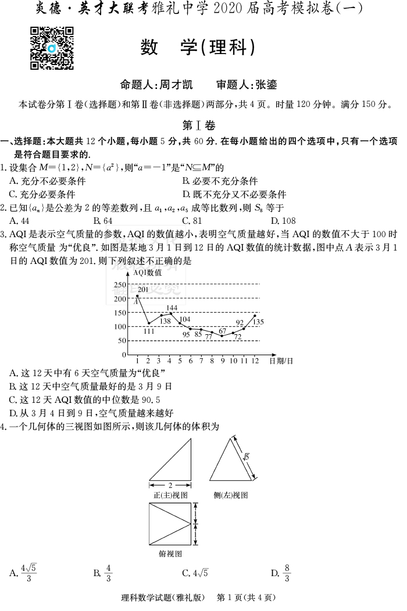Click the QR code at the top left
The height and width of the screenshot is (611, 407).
pyautogui.click(x=51, y=48)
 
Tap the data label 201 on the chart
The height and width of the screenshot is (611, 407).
pyautogui.click(x=143, y=290)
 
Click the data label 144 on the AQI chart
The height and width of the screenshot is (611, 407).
pyautogui.click(x=172, y=308)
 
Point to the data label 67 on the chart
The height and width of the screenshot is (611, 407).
pyautogui.click(x=222, y=331)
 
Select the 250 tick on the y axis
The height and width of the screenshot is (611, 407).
pyautogui.click(x=120, y=284)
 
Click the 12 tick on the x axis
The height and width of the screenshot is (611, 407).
pyautogui.click(x=255, y=361)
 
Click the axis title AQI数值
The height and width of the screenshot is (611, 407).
pyautogui.click(x=148, y=272)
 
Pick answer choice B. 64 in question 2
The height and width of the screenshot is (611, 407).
pyautogui.click(x=103, y=221)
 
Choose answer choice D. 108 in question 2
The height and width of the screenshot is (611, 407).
pyautogui.click(x=283, y=221)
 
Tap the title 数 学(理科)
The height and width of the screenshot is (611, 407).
pyautogui.click(x=198, y=48)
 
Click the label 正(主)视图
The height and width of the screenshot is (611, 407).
pyautogui.click(x=170, y=495)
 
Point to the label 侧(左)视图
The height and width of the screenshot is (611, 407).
pyautogui.click(x=231, y=495)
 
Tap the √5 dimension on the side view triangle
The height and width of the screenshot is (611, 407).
pyautogui.click(x=247, y=457)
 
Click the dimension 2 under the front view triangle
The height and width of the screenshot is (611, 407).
pyautogui.click(x=170, y=485)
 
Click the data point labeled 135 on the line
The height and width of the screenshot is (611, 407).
pyautogui.click(x=255, y=316)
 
